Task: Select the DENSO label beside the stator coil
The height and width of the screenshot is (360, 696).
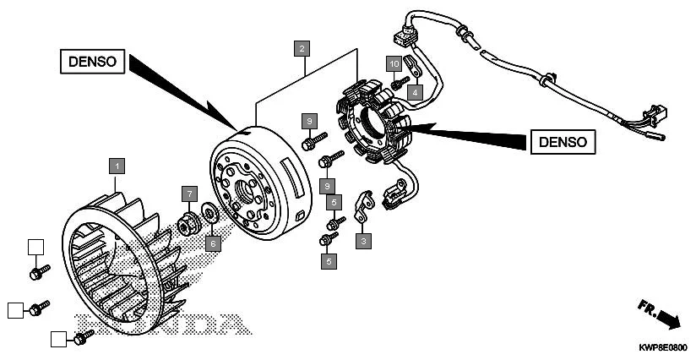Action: coord(563,141)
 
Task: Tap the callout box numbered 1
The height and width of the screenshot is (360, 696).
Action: coord(117,164)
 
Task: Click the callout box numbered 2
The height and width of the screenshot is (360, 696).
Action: coord(302,48)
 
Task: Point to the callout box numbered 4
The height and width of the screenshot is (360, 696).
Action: coord(416,90)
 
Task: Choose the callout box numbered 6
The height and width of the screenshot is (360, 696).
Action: coord(215,243)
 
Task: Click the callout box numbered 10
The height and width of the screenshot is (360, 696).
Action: coord(394,63)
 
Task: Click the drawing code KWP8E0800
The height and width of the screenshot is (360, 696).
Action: coord(662,347)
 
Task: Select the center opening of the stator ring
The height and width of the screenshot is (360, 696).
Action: coord(377,124)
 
